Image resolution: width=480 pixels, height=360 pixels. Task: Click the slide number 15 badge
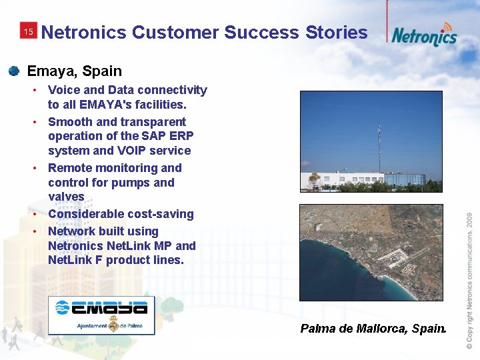point(28,31)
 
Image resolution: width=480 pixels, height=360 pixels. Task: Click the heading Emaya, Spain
point(74,71)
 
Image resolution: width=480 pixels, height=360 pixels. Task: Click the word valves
point(66,197)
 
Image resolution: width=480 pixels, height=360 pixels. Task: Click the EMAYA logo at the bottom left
point(101,315)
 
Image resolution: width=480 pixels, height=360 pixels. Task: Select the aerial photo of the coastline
point(371,253)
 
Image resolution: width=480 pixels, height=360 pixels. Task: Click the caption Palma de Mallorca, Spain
point(373,328)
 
